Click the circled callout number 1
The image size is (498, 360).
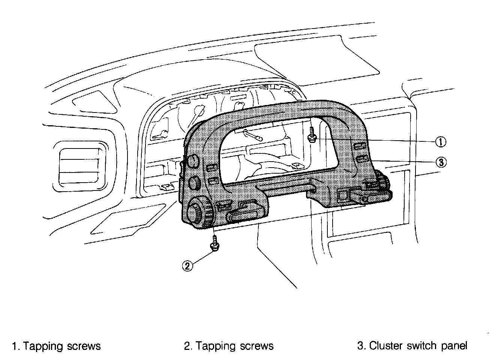coord(441,141)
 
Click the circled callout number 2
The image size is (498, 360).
coord(187,265)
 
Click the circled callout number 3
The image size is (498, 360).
coord(441,162)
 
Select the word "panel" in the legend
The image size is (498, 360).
coord(455,345)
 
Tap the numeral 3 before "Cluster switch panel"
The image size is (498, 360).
coord(360,345)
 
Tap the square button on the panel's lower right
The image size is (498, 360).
coord(343,195)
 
